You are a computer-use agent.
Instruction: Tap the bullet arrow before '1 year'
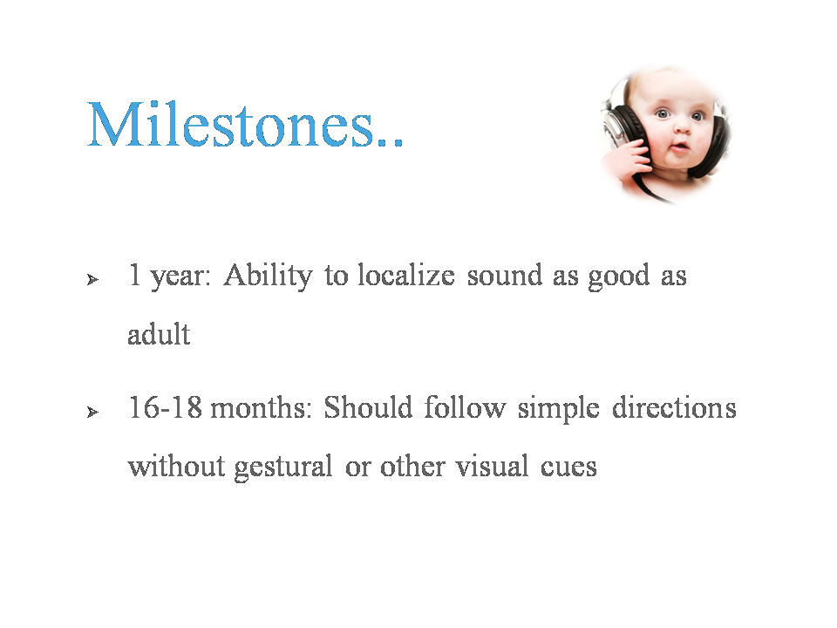[x=93, y=279]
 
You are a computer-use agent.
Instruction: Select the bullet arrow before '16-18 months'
[x=93, y=412]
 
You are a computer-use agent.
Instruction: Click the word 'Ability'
[x=268, y=277]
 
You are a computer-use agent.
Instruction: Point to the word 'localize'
[x=406, y=276]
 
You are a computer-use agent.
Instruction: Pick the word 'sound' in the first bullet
[x=505, y=276]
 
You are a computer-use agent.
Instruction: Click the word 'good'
[x=619, y=277]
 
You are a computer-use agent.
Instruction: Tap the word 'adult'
[x=159, y=334]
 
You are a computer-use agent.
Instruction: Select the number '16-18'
[x=166, y=407]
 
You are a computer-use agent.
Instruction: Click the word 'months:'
[x=261, y=409]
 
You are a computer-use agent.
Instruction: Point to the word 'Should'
[x=368, y=407]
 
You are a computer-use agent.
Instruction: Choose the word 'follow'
[x=465, y=407]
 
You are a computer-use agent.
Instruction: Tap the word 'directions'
[x=674, y=407]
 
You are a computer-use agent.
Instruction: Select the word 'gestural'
[x=283, y=468]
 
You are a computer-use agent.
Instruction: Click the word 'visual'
[x=492, y=466]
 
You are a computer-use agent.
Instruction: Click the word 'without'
[x=176, y=466]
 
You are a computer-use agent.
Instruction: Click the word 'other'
[x=412, y=466]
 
